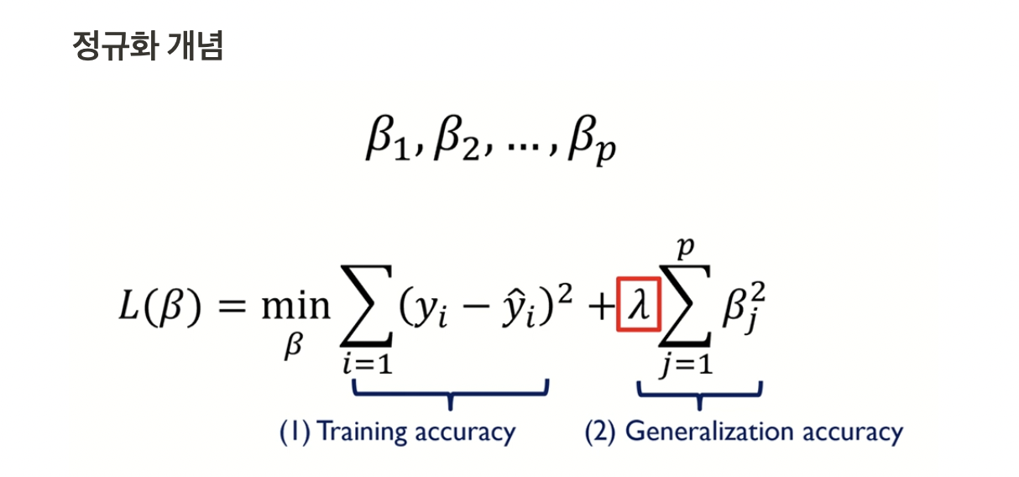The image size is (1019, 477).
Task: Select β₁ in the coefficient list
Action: (x=384, y=144)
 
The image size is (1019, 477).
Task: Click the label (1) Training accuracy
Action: (x=398, y=432)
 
